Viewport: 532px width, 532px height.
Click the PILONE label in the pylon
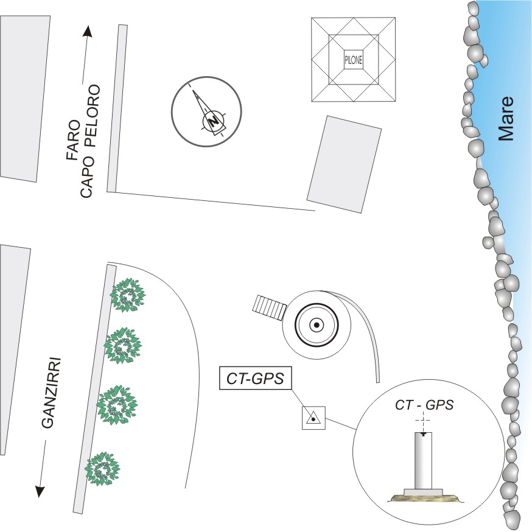click(x=354, y=60)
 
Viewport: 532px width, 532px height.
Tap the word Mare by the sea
click(x=506, y=119)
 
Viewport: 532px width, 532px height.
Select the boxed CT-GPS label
click(x=256, y=378)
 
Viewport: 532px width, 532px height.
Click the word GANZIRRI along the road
click(x=52, y=392)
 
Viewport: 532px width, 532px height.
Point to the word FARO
click(x=74, y=140)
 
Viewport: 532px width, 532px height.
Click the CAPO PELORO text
click(x=90, y=141)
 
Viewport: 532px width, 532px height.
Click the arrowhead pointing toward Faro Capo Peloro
click(x=88, y=31)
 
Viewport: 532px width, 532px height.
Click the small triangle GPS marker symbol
click(x=313, y=418)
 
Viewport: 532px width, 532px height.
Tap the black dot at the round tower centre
click(x=317, y=325)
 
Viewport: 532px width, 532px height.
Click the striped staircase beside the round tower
click(x=270, y=307)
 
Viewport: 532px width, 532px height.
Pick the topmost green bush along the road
click(x=128, y=295)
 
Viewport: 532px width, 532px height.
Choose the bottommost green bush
click(x=102, y=469)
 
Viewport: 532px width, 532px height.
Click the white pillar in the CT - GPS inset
click(x=424, y=461)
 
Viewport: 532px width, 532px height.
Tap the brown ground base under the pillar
click(x=424, y=498)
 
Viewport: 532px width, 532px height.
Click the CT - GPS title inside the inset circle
click(x=424, y=405)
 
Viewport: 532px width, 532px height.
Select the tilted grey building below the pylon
click(x=344, y=164)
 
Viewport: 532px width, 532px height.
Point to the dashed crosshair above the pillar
click(x=423, y=421)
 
